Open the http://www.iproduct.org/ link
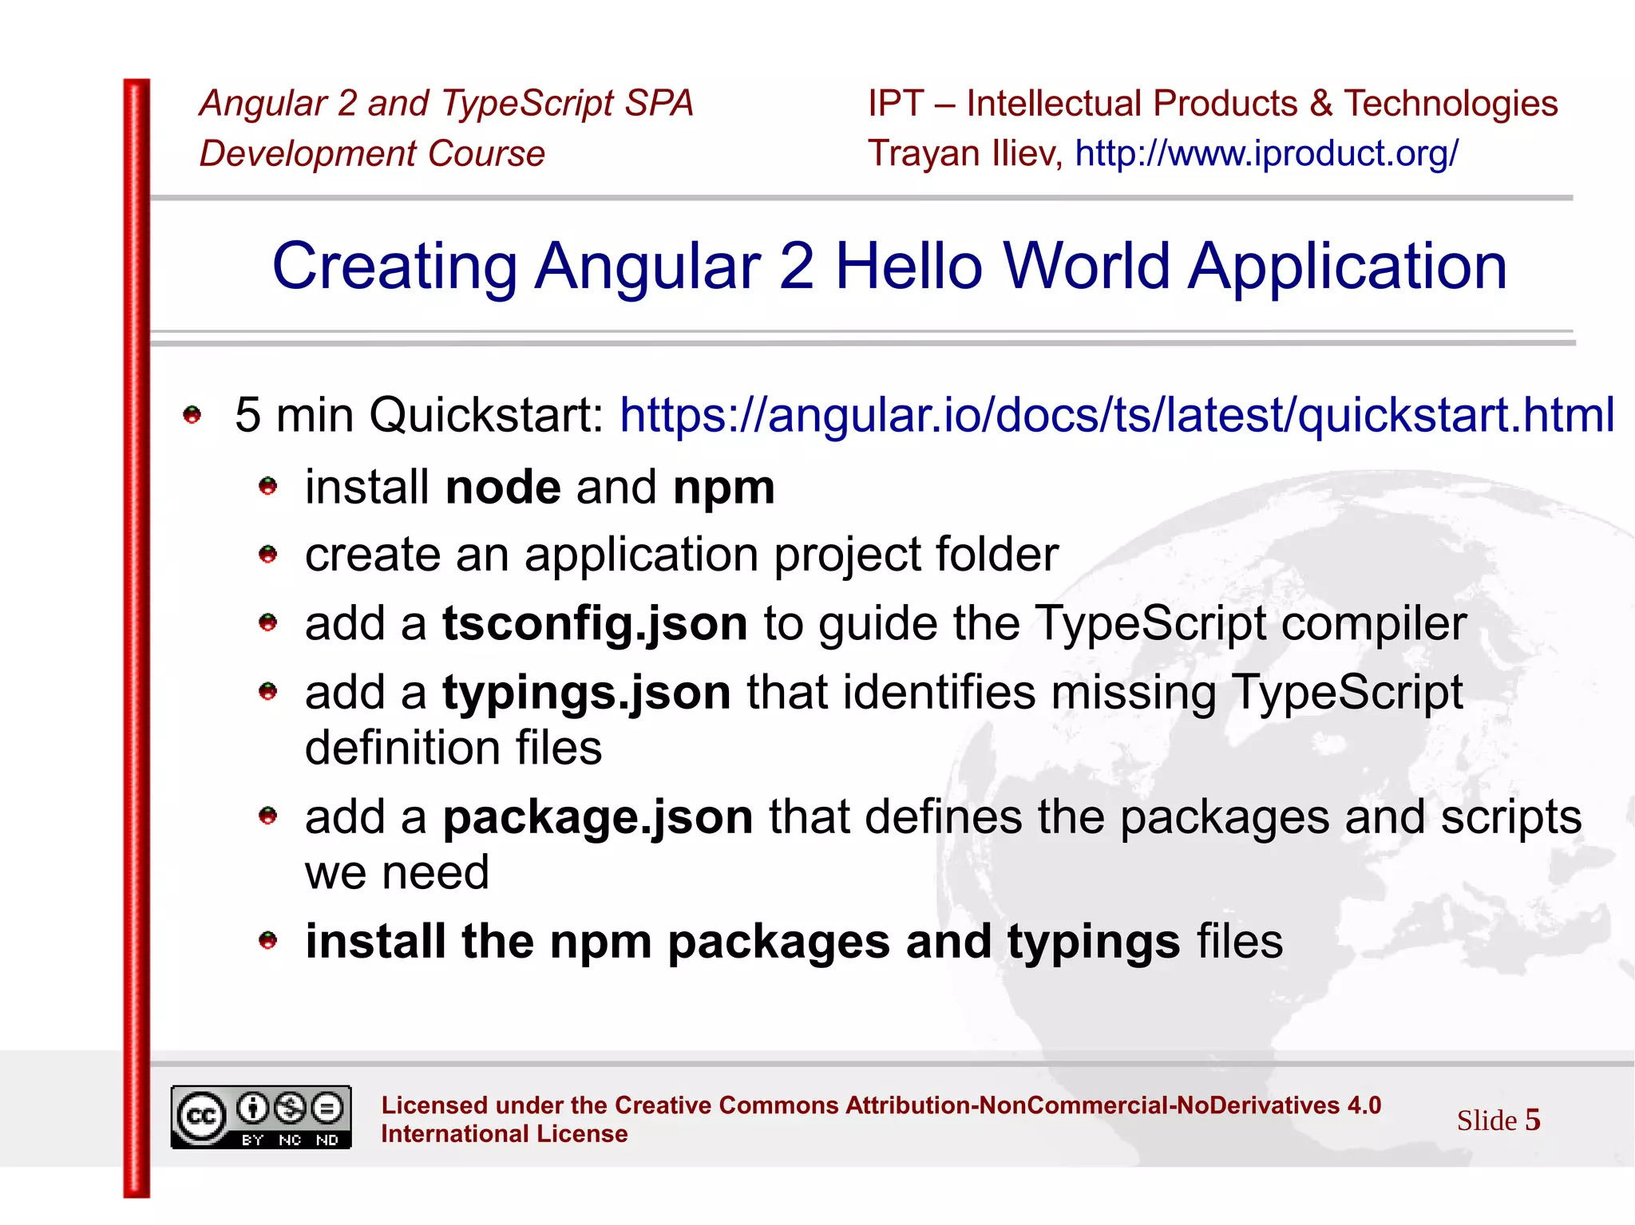pos(1267,153)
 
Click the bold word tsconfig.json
pos(595,623)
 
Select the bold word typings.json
pos(587,692)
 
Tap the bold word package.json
pos(598,817)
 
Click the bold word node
pos(503,488)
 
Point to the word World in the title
pos(1086,266)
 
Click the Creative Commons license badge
pos(261,1117)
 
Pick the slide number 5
pos(1532,1120)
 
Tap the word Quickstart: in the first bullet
pos(486,416)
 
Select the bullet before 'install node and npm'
pos(268,486)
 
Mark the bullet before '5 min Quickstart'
pos(192,415)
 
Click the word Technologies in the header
pos(1451,104)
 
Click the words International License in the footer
pos(504,1134)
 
